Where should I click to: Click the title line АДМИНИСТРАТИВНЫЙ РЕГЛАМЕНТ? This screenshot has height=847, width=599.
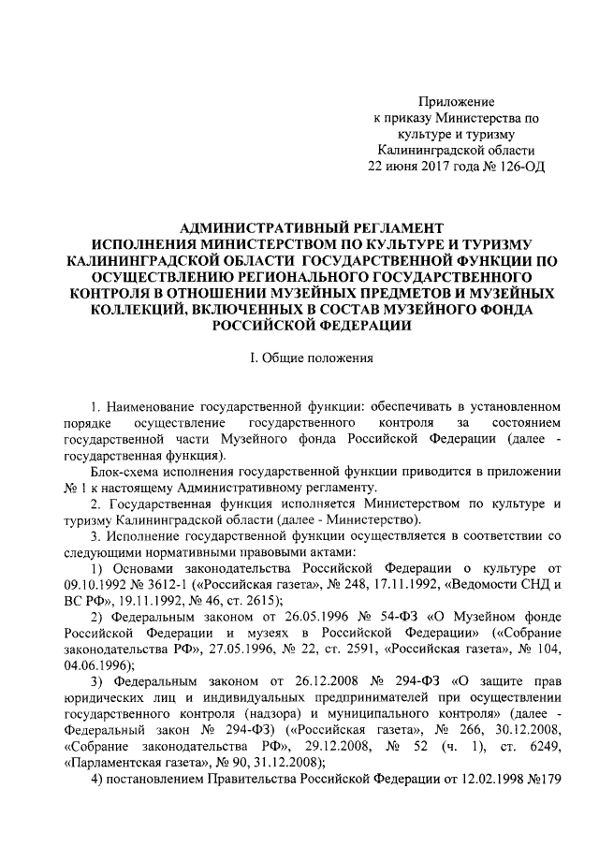310,227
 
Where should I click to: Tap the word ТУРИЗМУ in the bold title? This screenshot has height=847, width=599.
510,243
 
